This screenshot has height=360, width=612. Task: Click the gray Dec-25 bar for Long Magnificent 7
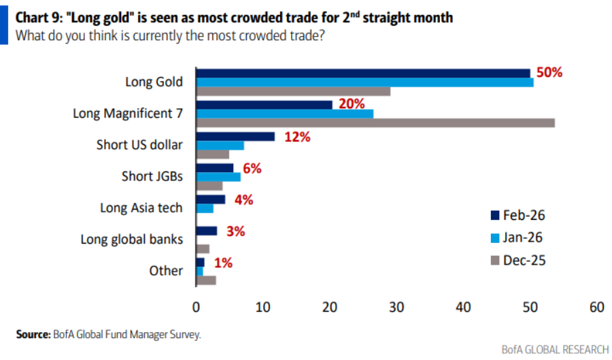click(375, 122)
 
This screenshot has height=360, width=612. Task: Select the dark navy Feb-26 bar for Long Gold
click(362, 73)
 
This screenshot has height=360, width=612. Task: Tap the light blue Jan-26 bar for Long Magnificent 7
click(284, 114)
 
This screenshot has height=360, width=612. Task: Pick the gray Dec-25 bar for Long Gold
click(292, 91)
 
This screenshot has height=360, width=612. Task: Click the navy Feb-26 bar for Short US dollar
click(235, 137)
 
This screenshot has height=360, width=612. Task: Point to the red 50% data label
click(548, 73)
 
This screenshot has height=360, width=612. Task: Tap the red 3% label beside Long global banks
click(235, 231)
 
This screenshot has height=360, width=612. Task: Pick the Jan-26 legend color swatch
click(494, 238)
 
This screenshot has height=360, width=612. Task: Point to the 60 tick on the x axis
click(596, 308)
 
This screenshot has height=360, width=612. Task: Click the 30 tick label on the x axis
click(396, 308)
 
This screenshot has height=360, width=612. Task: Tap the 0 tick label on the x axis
click(196, 308)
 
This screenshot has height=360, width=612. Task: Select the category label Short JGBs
click(152, 176)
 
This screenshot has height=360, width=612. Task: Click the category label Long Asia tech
click(141, 208)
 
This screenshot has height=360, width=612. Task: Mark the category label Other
click(166, 270)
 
